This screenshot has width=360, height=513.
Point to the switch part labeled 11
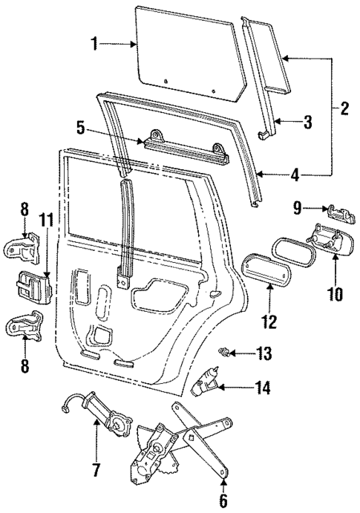click(x=32, y=286)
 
